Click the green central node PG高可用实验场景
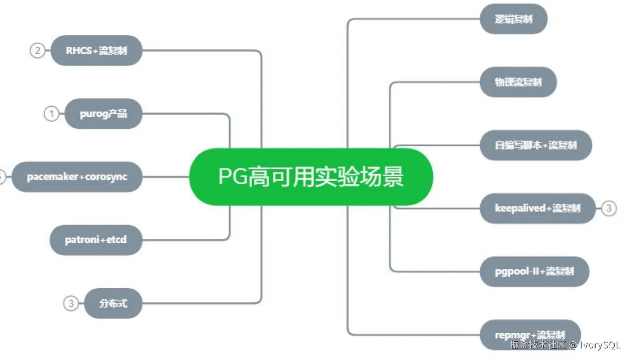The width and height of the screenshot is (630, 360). [x=311, y=177]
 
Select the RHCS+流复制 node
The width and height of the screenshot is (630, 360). [x=97, y=51]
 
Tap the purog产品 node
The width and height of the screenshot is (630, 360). [x=103, y=114]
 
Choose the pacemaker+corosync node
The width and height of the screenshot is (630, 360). [x=77, y=177]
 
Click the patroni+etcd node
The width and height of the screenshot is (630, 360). [x=96, y=240]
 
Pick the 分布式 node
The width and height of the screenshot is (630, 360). [x=113, y=303]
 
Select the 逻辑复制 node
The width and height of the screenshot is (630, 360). [x=513, y=19]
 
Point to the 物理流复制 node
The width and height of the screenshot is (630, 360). [x=518, y=82]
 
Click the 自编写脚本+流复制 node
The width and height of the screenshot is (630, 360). [x=536, y=145]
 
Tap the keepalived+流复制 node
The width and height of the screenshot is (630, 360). [x=537, y=208]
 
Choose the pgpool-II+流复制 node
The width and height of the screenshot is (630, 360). [x=534, y=271]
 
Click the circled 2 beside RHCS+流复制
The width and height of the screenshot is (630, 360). [x=37, y=51]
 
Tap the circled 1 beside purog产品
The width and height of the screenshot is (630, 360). [x=52, y=114]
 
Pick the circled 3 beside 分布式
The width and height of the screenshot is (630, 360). [x=71, y=303]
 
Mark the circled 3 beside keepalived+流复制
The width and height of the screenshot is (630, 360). [x=609, y=208]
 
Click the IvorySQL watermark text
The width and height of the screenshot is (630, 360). [x=600, y=345]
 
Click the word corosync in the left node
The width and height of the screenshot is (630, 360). [x=106, y=177]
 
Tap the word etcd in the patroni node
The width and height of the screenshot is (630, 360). [x=116, y=240]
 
